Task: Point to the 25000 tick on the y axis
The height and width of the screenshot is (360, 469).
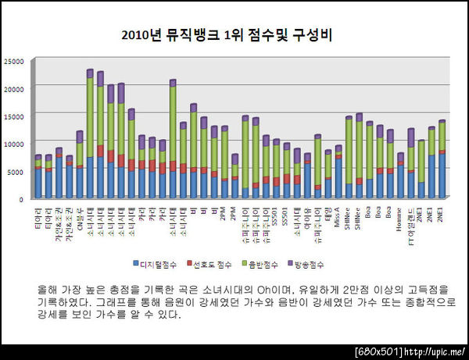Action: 15,60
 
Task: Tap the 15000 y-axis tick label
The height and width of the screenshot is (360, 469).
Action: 15,116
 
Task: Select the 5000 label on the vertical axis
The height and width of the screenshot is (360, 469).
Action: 17,171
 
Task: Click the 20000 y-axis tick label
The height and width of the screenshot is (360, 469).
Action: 15,88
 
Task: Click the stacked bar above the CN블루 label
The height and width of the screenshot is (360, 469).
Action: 80,164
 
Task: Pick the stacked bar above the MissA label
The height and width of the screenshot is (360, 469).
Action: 338,172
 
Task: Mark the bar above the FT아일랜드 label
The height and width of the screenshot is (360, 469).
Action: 410,163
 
